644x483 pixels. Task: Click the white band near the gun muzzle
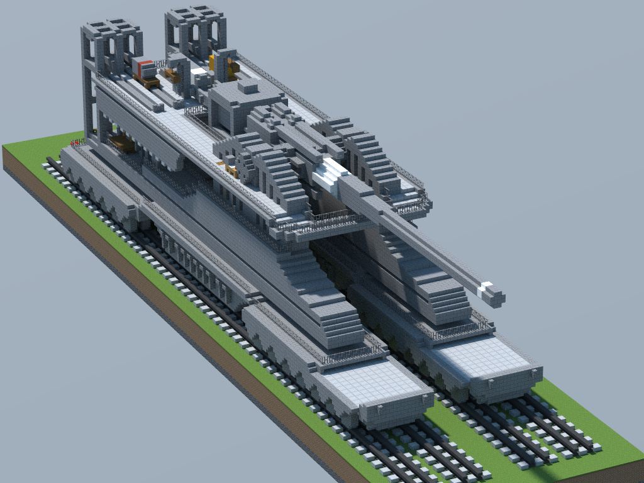coord(485,289)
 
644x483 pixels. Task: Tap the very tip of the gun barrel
coord(496,297)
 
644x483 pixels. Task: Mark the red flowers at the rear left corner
coord(76,143)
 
